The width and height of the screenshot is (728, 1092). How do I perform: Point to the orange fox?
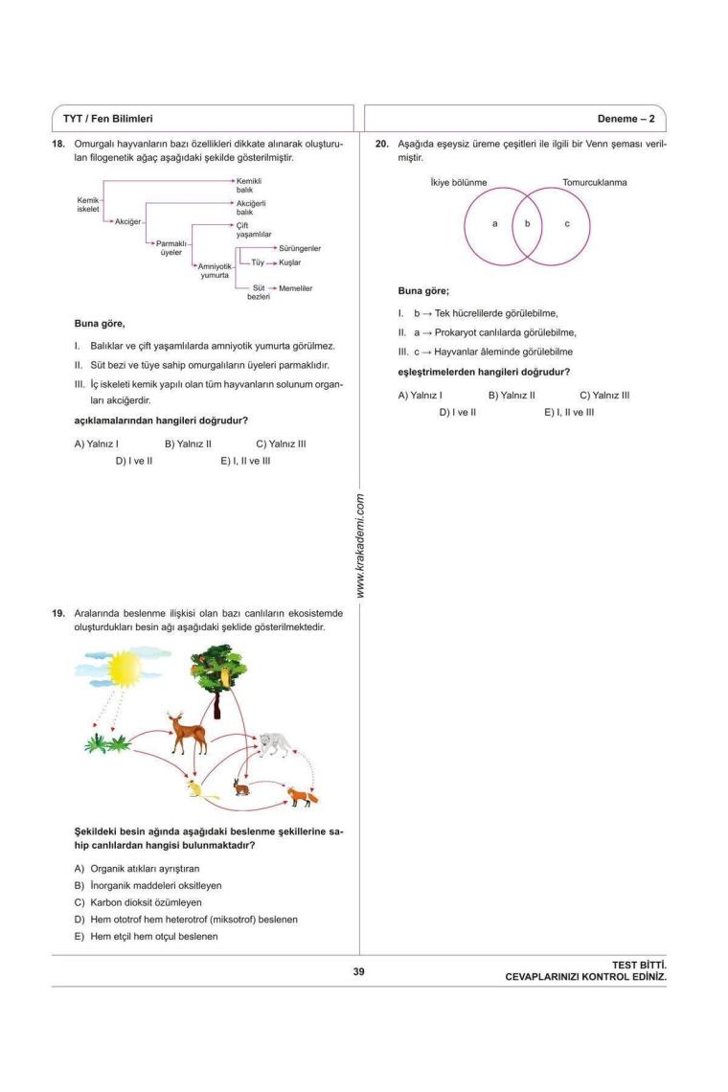pos(305,795)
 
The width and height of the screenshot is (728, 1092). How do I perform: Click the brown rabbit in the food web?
pos(240,788)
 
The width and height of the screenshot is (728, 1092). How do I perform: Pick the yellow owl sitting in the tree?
pos(226,676)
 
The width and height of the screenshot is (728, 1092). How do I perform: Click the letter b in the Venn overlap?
pos(526,223)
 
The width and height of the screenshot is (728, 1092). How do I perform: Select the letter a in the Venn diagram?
pos(494,223)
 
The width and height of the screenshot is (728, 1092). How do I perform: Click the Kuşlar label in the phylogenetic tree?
pos(290,262)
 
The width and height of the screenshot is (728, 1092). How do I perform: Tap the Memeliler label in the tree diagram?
pos(295,288)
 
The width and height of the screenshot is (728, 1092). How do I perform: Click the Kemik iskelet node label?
pos(88,204)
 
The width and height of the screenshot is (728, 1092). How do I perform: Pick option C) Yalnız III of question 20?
pos(604,395)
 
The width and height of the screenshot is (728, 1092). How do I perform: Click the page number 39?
pos(358,972)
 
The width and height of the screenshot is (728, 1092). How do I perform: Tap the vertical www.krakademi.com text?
pos(360,546)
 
